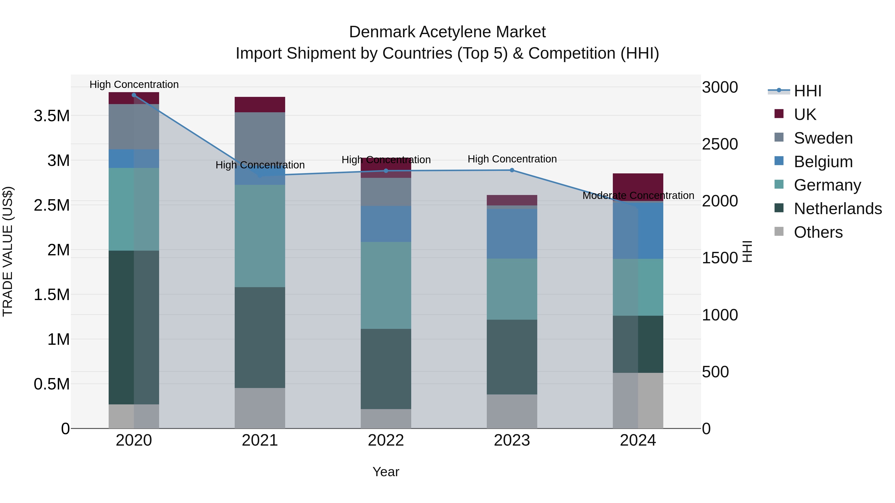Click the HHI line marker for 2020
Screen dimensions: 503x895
(x=134, y=95)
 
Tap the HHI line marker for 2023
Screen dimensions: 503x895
(x=512, y=170)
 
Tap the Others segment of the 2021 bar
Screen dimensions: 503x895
(x=260, y=408)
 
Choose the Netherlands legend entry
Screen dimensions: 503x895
(x=837, y=209)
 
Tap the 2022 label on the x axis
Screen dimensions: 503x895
(x=386, y=440)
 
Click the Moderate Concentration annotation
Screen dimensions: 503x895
(x=638, y=195)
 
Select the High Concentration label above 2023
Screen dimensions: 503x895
(x=512, y=159)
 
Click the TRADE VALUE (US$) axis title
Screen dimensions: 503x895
(x=8, y=251)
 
